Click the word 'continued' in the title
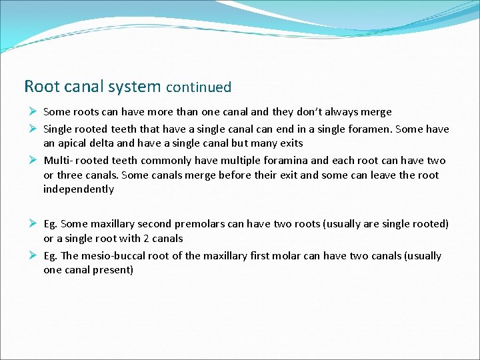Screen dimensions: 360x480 [199, 87]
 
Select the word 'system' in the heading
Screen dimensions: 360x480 [137, 87]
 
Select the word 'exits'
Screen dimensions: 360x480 [290, 143]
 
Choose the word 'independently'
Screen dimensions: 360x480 [79, 189]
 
